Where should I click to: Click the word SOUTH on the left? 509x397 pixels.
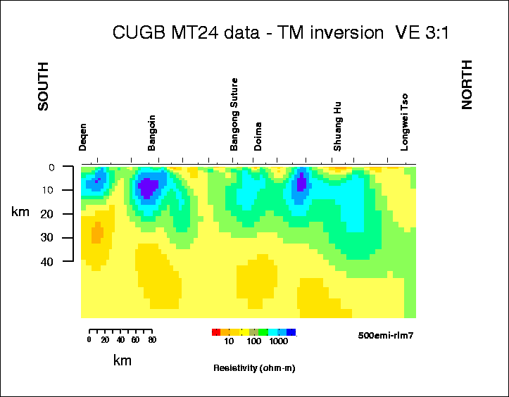point(43,87)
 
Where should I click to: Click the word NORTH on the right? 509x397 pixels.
point(467,84)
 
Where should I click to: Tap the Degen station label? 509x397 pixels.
point(83,137)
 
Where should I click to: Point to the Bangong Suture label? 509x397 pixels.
point(234,114)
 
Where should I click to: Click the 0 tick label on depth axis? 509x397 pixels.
point(51,168)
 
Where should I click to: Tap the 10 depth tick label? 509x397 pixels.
point(49,190)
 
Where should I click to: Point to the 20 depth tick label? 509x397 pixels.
point(49,214)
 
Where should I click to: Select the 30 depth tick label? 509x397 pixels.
point(49,238)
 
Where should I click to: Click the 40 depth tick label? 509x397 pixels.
point(49,261)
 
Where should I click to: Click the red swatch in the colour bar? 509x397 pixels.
point(216,332)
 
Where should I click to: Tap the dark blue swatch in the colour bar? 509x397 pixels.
point(291,332)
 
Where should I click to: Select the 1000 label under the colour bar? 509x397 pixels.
point(278,341)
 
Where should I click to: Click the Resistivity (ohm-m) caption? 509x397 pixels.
point(253,368)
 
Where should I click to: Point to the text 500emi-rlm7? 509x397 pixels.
point(385,335)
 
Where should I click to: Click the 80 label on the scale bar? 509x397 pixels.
point(151,340)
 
